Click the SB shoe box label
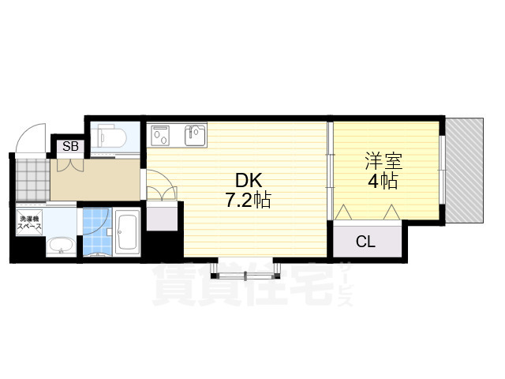(70, 146)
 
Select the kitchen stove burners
(161, 135)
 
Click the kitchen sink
(195, 135)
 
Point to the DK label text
(249, 181)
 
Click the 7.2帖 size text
(247, 201)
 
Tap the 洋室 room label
(384, 161)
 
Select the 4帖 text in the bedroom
(383, 181)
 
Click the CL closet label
(366, 241)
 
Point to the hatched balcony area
(464, 171)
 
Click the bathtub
(128, 231)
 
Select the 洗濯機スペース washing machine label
(29, 223)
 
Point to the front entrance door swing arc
(32, 139)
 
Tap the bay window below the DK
(245, 270)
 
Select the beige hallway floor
(95, 180)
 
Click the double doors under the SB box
(70, 164)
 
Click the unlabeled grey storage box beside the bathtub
(162, 216)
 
